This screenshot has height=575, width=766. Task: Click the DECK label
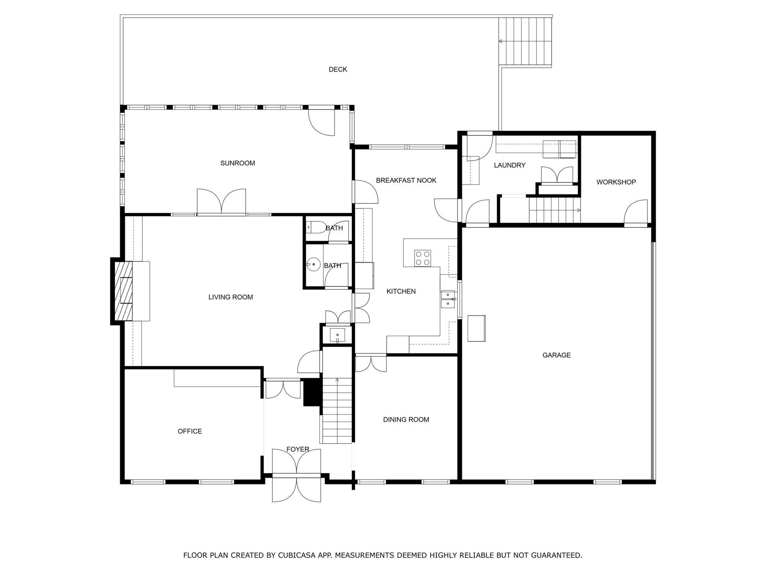[338, 69]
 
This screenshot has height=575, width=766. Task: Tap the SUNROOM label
[237, 163]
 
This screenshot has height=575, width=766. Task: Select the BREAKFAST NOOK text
[406, 180]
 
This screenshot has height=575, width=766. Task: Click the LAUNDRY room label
[509, 165]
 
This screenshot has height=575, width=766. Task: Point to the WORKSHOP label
[616, 182]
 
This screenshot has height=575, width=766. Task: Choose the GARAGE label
[557, 355]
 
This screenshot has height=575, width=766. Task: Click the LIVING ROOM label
[231, 297]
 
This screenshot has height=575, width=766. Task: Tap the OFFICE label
[190, 431]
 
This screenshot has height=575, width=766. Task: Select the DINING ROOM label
[406, 420]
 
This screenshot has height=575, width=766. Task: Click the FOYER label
[298, 450]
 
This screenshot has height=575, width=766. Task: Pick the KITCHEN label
[401, 291]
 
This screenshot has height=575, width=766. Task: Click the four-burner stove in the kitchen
[422, 258]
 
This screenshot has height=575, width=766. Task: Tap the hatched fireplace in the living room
[124, 291]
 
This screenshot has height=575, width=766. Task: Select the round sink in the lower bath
[314, 264]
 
